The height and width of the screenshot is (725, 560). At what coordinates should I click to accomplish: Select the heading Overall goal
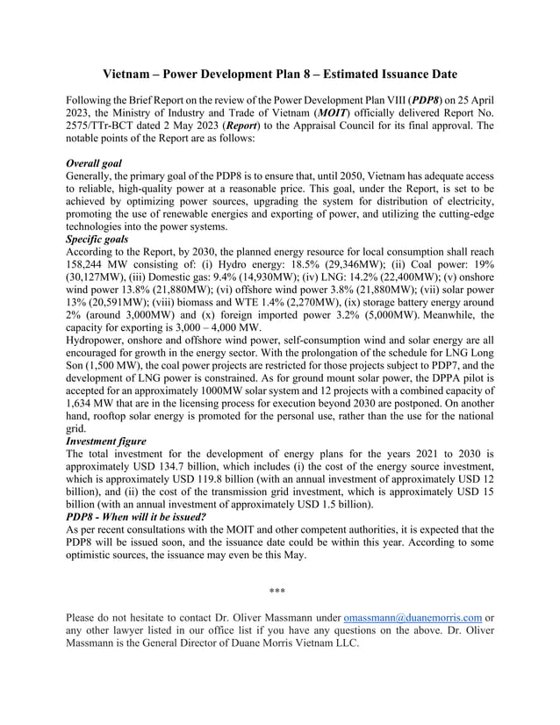pos(94,162)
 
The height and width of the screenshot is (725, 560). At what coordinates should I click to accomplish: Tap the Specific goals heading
pos(97,238)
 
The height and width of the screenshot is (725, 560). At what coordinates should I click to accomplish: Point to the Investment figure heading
pos(106,441)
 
